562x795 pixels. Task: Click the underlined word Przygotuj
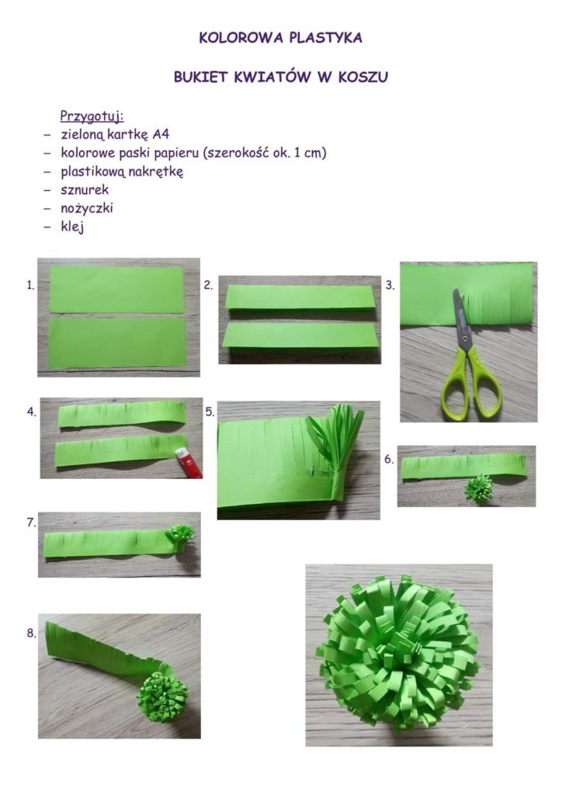(x=92, y=116)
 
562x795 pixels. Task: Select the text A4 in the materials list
(x=161, y=134)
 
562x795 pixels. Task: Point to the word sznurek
(x=85, y=189)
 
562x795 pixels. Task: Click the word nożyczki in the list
(x=87, y=208)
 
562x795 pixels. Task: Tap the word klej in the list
(x=72, y=227)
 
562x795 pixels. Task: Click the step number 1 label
(x=30, y=286)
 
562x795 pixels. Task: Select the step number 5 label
(x=210, y=411)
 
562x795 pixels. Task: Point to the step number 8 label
(x=31, y=634)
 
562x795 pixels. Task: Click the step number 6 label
(x=389, y=460)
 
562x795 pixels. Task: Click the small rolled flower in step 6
(x=478, y=488)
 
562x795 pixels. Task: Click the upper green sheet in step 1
(x=116, y=290)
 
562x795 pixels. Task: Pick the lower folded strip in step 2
(x=300, y=336)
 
